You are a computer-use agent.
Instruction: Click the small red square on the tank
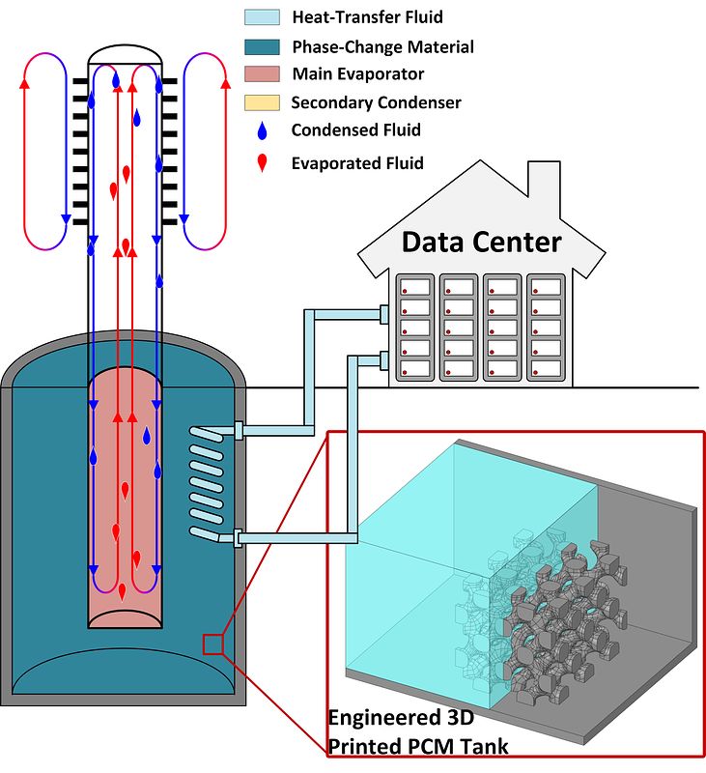212,644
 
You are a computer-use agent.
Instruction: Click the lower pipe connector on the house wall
384,360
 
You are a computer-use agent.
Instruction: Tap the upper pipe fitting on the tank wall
238,430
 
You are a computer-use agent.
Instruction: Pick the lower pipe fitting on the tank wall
238,538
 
